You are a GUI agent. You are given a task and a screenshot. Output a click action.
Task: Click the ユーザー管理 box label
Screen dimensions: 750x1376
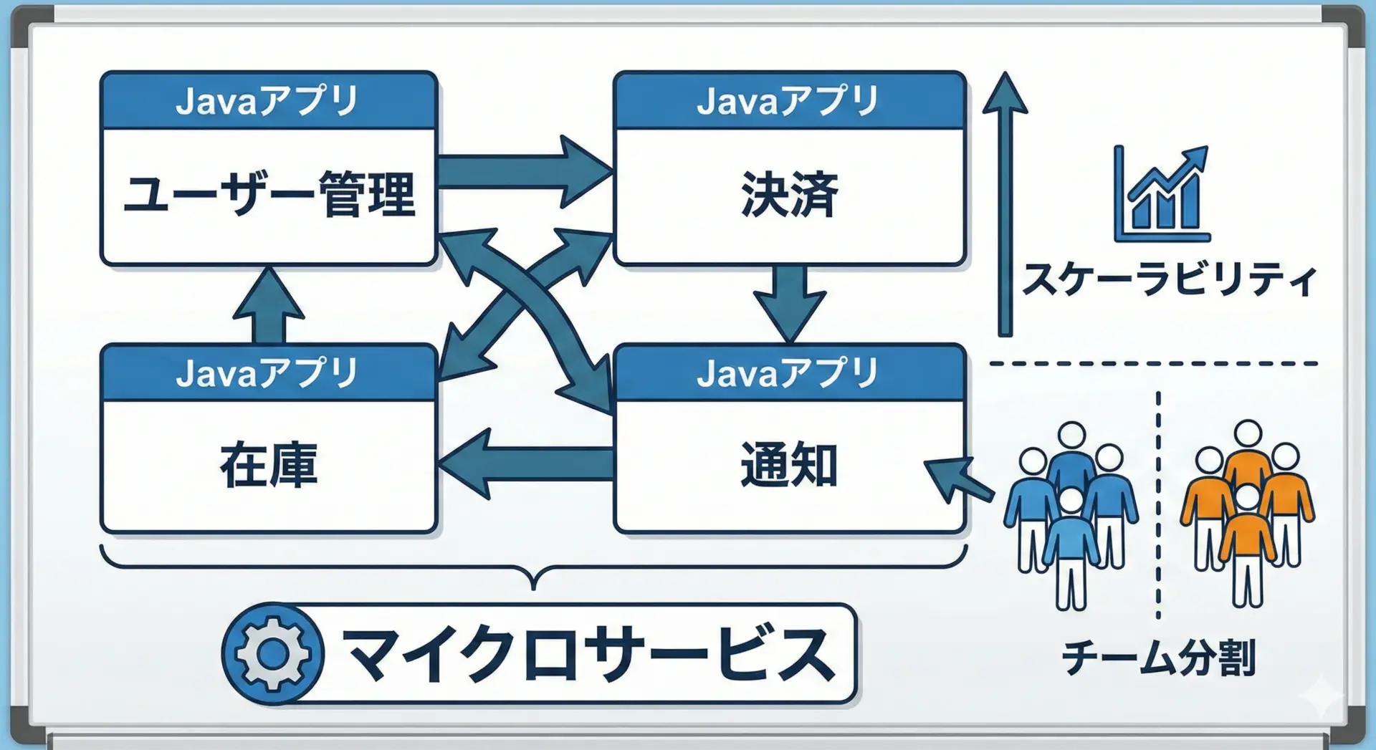269,194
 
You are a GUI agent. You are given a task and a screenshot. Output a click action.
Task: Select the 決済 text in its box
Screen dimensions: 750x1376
789,194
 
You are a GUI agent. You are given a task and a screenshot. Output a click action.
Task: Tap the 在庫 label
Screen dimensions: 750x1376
269,466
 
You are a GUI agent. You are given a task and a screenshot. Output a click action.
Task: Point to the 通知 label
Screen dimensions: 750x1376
789,466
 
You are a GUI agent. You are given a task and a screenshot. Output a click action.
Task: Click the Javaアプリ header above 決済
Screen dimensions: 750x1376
789,101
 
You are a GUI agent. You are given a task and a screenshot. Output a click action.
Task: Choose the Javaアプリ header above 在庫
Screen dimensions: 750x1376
269,373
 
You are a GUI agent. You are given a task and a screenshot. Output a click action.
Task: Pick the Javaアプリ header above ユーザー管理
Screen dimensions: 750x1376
269,101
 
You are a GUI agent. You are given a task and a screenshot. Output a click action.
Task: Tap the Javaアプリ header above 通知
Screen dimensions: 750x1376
789,373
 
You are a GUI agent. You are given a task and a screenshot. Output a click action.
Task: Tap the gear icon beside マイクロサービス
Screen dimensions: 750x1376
273,653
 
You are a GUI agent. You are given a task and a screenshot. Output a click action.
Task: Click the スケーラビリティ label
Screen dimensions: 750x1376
1169,279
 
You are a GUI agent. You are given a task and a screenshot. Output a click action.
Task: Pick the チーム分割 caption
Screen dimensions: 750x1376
1158,658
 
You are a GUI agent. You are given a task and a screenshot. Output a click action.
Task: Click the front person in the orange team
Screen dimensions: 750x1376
1247,544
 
